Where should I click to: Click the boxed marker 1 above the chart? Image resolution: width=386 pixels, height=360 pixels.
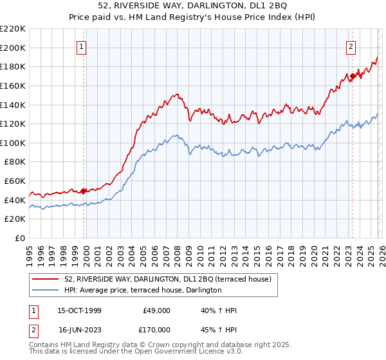(83, 46)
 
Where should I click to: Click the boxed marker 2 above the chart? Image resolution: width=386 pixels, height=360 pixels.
(351, 46)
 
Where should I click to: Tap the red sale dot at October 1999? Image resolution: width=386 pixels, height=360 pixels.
(84, 191)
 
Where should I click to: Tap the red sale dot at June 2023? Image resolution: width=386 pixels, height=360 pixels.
(352, 76)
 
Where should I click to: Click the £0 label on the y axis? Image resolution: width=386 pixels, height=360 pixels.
(19, 239)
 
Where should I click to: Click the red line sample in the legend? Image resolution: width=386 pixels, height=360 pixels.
(46, 279)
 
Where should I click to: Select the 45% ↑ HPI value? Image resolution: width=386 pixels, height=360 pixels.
(219, 329)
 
